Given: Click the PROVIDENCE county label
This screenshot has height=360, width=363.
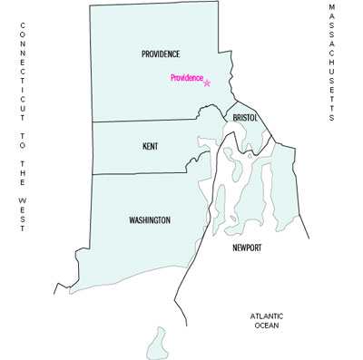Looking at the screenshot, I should coord(161,54).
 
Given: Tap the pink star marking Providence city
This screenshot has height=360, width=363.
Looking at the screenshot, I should coord(207,83).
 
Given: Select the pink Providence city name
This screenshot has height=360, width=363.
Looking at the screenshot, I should coord(186,79).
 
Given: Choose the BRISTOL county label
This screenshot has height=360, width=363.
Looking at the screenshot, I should coord(246,119).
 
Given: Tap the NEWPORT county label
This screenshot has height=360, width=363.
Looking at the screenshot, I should coord(247,247).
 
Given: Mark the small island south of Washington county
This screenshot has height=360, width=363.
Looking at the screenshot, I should coord(158,344).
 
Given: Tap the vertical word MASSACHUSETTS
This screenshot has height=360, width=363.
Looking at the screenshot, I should coord(332,62).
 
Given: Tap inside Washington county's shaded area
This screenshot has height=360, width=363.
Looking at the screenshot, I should coord(118,245).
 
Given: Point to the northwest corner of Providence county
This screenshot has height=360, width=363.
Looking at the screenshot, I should coord(90,6).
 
